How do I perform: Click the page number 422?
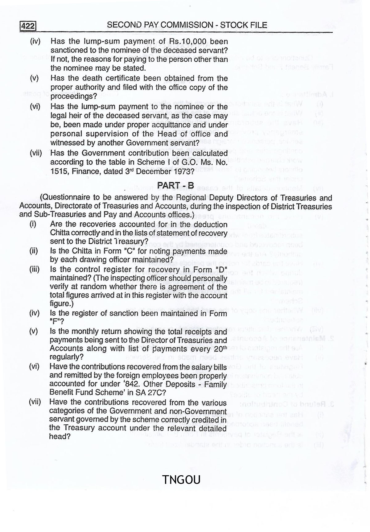point(28,26)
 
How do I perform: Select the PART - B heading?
point(175,185)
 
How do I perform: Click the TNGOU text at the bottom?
point(181,480)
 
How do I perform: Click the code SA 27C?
point(150,393)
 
